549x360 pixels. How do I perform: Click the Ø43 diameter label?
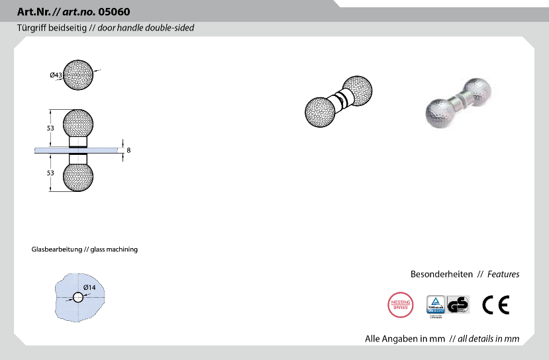point(56,75)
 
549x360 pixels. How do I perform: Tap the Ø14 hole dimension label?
point(89,287)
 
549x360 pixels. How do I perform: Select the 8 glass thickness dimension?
point(128,150)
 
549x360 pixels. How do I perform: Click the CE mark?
point(495,305)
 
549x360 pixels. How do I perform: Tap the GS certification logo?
point(458,305)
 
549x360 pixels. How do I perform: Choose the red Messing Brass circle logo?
point(399,304)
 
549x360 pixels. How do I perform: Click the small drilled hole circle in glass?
point(78,297)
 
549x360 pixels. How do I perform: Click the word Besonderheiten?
point(441,274)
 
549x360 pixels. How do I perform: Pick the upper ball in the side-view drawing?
point(78,124)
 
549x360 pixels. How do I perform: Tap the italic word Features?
point(503,274)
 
